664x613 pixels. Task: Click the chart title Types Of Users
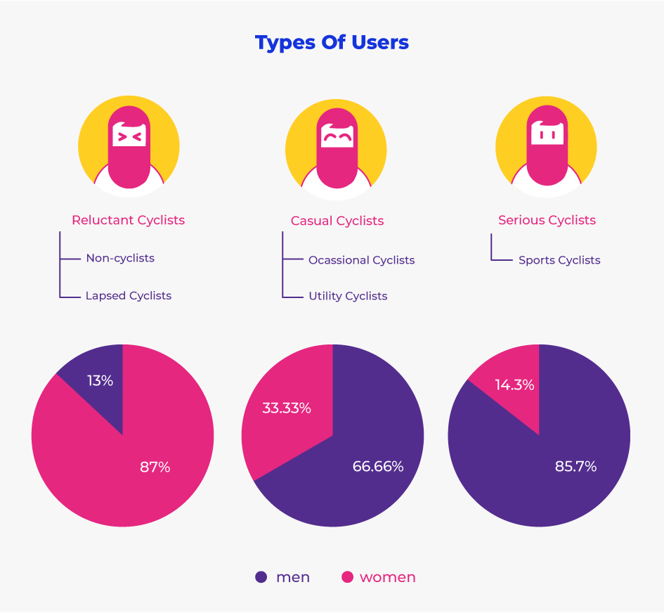pyautogui.click(x=332, y=43)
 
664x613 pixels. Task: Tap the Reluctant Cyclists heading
pyautogui.click(x=128, y=220)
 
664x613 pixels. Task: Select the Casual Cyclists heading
pyautogui.click(x=337, y=221)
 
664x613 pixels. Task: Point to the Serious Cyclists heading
pyautogui.click(x=547, y=220)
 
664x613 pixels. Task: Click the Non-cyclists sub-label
pyautogui.click(x=120, y=258)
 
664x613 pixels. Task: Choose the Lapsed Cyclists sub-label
pyautogui.click(x=129, y=296)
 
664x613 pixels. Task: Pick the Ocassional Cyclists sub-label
pyautogui.click(x=361, y=260)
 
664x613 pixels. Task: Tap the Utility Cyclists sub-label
pyautogui.click(x=348, y=296)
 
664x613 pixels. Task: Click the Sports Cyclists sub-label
pyautogui.click(x=559, y=260)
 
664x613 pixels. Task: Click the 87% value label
pyautogui.click(x=155, y=467)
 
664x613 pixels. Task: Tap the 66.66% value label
pyautogui.click(x=378, y=467)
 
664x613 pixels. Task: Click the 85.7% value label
pyautogui.click(x=575, y=466)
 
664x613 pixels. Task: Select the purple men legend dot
pyautogui.click(x=261, y=577)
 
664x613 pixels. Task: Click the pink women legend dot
pyautogui.click(x=347, y=577)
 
